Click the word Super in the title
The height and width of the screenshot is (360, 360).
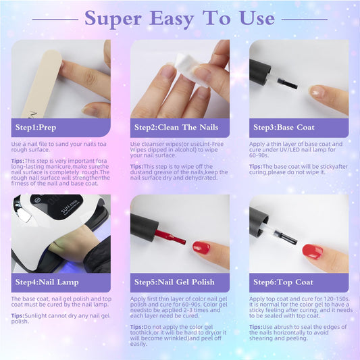pyautogui.click(x=113, y=19)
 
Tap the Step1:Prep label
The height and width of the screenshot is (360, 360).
pyautogui.click(x=36, y=128)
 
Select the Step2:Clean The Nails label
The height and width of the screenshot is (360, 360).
pyautogui.click(x=176, y=127)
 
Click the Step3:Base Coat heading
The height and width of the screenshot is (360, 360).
pyautogui.click(x=284, y=127)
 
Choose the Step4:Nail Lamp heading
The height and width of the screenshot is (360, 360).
pyautogui.click(x=47, y=282)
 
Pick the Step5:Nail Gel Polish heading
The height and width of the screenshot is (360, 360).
pyautogui.click(x=174, y=282)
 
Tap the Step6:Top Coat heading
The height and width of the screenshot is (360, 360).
pyautogui.click(x=283, y=282)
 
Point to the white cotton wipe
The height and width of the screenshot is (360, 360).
pyautogui.click(x=190, y=69)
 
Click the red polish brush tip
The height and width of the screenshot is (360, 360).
pyautogui.click(x=176, y=239)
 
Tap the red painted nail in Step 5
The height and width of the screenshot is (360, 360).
pyautogui.click(x=201, y=247)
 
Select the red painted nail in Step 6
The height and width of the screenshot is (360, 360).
pyautogui.click(x=313, y=252)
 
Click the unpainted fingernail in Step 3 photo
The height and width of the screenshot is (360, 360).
pyautogui.click(x=317, y=91)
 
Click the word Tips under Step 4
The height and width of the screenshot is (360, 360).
pyautogui.click(x=17, y=315)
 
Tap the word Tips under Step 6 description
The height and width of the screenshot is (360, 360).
pyautogui.click(x=255, y=327)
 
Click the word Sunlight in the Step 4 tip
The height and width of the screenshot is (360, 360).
pyautogui.click(x=35, y=316)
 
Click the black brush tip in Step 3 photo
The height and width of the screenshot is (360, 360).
pyautogui.click(x=288, y=84)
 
